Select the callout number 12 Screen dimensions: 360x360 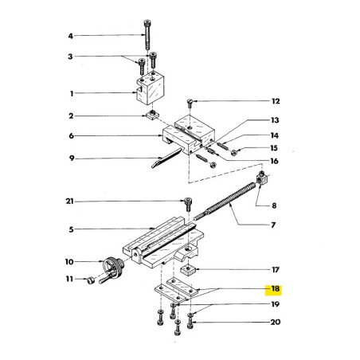coord(276,102)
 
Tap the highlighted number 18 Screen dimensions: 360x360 coord(276,290)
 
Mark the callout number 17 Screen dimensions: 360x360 coord(276,269)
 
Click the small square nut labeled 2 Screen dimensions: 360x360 coord(149,117)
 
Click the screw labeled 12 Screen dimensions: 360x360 coord(190,104)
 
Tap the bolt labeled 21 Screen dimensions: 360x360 coord(188,204)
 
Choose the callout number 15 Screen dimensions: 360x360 coord(276,148)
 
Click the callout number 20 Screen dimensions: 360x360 coord(276,323)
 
